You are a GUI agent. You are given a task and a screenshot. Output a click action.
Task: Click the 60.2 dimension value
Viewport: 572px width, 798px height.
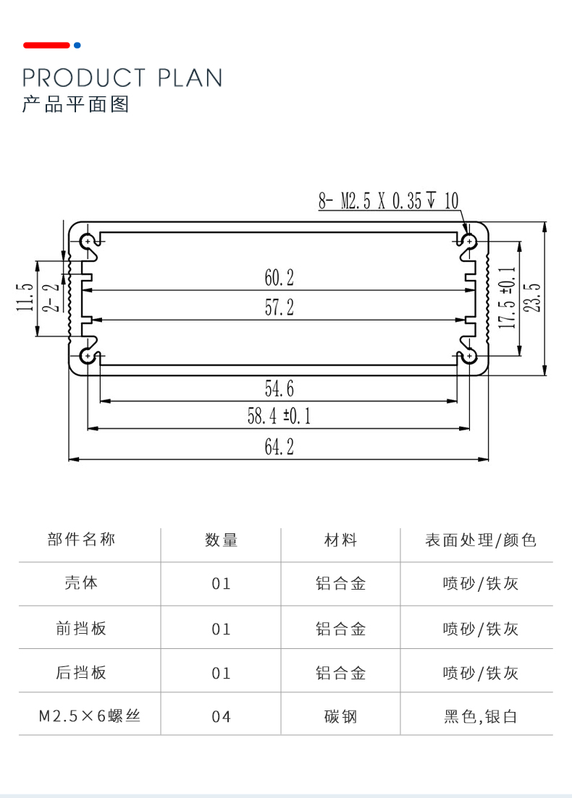point(279,277)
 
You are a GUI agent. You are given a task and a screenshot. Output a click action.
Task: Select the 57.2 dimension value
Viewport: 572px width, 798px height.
point(279,308)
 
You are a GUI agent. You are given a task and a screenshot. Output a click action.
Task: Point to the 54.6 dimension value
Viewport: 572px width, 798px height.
point(279,389)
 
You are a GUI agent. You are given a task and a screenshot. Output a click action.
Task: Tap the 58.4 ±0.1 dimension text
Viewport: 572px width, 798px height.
point(279,416)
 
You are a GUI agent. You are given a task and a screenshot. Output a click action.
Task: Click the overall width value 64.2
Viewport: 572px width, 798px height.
point(279,448)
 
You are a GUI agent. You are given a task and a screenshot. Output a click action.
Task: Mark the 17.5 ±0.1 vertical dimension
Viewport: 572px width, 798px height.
point(508,297)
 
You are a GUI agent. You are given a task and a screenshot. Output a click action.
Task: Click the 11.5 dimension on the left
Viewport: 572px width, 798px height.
point(26,297)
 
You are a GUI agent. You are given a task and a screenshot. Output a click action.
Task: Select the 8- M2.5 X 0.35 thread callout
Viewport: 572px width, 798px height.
point(388,200)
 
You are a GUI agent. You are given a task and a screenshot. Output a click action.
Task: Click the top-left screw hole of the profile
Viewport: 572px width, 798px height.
point(88,240)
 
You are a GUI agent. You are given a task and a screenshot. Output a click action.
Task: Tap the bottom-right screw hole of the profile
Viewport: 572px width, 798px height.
point(471,356)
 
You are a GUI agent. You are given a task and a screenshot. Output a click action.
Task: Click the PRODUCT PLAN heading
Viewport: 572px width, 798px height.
point(122,77)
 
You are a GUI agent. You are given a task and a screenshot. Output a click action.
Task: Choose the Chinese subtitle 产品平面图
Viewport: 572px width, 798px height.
point(75,104)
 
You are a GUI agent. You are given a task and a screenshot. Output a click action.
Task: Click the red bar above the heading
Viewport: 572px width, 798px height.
point(46,46)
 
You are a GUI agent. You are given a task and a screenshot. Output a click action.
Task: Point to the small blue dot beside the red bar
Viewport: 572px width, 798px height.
point(77,46)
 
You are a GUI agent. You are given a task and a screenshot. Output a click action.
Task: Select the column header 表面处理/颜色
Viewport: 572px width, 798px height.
point(481,540)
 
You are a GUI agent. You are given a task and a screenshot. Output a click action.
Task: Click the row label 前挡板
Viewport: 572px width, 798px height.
point(81,629)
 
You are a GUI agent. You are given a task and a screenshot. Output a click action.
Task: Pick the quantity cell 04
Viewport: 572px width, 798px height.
point(221,717)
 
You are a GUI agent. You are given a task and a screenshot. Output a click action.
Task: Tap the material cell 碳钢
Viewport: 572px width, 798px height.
point(340,717)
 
